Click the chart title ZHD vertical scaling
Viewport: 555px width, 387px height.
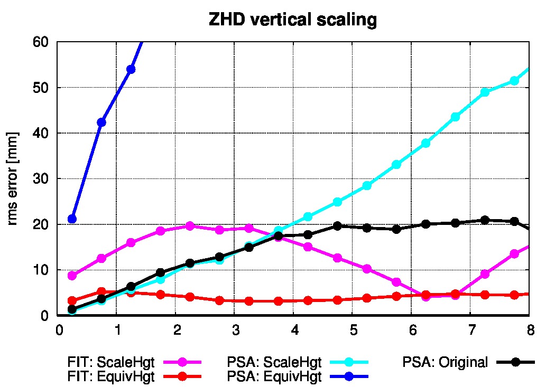coord(293,20)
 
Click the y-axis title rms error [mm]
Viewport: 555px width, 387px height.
coord(12,178)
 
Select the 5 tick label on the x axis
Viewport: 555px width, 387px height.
coord(353,330)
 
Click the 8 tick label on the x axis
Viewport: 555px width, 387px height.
coord(530,330)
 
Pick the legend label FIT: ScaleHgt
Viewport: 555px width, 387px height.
coord(111,362)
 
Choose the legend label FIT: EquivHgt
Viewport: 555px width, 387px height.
coord(111,377)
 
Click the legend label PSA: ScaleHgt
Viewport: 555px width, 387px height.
coord(274,362)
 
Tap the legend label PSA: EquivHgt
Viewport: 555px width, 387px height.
coord(274,377)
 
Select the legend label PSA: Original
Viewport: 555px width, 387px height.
coord(445,362)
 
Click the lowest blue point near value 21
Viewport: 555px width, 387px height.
coord(72,219)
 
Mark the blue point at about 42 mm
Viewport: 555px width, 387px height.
coord(101,122)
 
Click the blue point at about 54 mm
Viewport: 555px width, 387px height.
coord(131,69)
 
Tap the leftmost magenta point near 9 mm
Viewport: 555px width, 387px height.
coord(72,275)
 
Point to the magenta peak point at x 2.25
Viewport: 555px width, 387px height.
coord(190,225)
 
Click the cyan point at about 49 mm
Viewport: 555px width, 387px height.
coord(485,92)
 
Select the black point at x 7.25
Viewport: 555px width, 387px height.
coord(485,220)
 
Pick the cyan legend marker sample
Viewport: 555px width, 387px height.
coord(349,362)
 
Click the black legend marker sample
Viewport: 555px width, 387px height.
coord(516,362)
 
